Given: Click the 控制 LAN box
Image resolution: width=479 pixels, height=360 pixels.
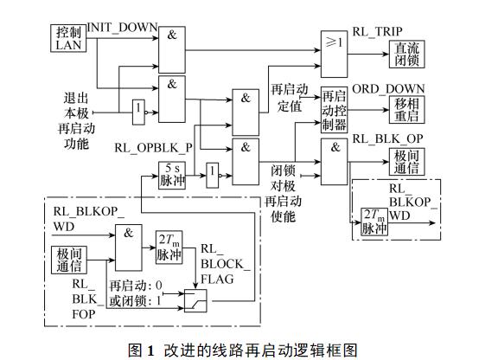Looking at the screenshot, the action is point(68,38).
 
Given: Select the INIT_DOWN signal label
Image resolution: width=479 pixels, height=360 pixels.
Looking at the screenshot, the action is point(122,28).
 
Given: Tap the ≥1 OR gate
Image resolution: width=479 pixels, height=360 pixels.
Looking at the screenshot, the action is point(334,54).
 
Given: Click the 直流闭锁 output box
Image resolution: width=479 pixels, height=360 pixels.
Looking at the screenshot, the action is point(406,55).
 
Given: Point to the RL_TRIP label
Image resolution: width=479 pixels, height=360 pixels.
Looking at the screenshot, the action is point(377,31).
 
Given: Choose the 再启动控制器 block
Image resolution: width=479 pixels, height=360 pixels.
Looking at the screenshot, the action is point(334,110).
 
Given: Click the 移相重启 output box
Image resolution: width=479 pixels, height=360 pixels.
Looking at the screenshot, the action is point(406,110).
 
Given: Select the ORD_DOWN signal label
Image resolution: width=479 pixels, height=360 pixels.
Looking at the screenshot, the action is point(388,89).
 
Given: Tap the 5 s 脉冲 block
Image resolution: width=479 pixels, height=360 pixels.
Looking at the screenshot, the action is point(172,176).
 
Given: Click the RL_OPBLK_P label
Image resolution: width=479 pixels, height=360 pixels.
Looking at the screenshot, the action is point(153,148).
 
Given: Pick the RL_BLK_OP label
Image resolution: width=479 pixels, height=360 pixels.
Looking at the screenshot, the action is point(387,138).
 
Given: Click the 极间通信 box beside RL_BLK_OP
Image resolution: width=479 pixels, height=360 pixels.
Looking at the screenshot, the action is point(406,162).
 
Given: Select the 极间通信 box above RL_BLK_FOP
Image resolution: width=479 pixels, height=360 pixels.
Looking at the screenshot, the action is point(68,260).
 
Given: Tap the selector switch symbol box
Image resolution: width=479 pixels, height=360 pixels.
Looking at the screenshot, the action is point(195,300).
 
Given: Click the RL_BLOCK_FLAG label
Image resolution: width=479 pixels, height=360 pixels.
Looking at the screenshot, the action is point(225,264).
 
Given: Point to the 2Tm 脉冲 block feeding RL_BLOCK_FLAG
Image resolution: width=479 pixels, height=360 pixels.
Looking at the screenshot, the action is point(169,247).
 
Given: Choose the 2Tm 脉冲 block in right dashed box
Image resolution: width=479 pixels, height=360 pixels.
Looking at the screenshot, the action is point(374,222).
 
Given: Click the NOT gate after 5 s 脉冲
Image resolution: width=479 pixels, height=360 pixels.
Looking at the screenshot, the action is point(213,176).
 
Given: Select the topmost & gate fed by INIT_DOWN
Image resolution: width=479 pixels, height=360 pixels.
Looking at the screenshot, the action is point(172,50).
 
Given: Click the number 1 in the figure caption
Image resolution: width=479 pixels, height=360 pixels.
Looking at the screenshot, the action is point(150,350).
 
